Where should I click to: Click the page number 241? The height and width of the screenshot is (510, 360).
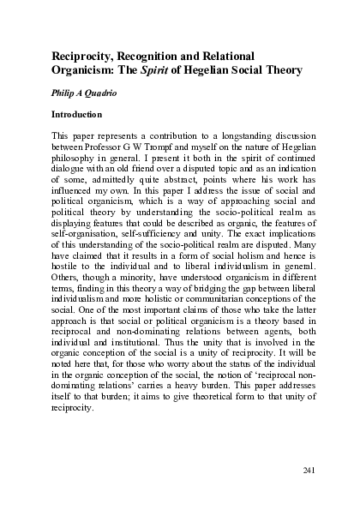tap(311, 471)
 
